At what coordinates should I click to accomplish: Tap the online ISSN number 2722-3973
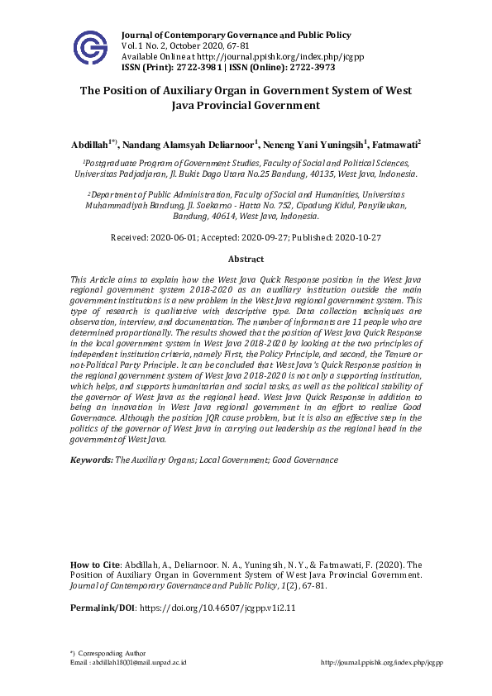click(x=308, y=68)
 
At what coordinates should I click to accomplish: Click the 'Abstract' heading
click(x=246, y=259)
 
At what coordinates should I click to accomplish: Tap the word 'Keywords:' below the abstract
click(x=91, y=459)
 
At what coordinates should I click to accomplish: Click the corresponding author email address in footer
click(x=140, y=663)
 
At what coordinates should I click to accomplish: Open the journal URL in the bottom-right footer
click(x=381, y=663)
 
